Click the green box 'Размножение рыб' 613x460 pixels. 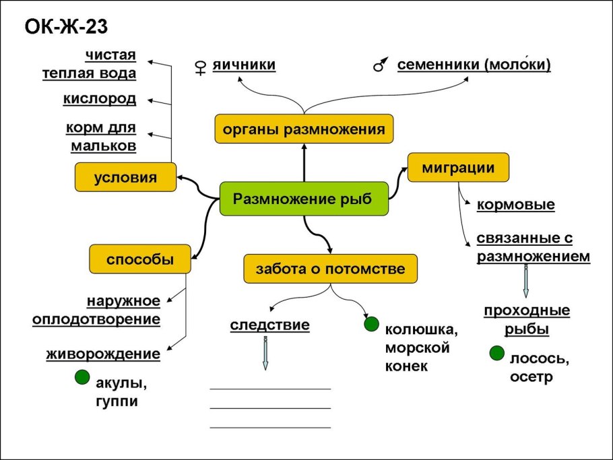pos(304,199)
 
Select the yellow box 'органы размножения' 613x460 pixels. pos(304,129)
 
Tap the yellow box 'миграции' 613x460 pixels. pos(458,168)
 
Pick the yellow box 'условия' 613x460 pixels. pos(125,178)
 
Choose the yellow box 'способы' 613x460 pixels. pos(140,259)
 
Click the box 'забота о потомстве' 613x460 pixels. pos(330,269)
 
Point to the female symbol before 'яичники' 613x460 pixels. pos(199,66)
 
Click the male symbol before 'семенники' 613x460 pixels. pos(381,65)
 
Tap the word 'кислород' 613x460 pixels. pos(100,99)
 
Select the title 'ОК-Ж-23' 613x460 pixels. pos(66,27)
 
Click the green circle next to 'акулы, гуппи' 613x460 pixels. pos(82,378)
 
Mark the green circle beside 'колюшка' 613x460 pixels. pos(370,325)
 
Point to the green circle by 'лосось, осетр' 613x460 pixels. pos(497,353)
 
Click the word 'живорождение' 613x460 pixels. pos(103,354)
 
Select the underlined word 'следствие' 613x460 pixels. pos(269,325)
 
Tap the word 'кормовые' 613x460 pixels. pos(515,204)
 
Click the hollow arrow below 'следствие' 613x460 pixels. pos(265,353)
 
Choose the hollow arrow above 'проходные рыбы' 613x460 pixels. pos(526,282)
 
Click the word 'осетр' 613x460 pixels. pos(531,377)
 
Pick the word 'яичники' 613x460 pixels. pos(244,65)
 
